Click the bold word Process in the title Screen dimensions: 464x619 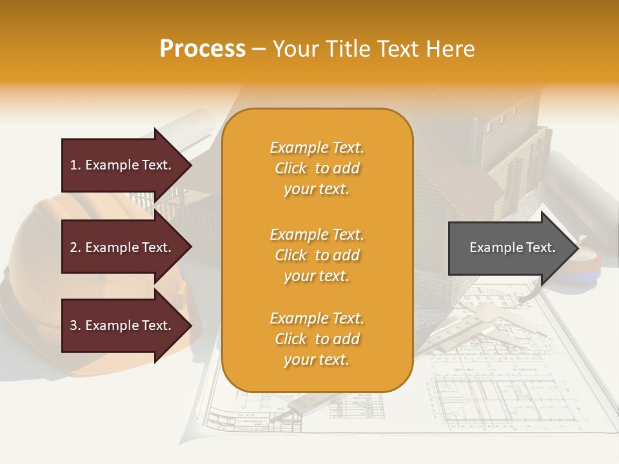click(x=202, y=49)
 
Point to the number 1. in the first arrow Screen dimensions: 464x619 click(x=75, y=165)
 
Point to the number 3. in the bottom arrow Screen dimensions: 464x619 click(x=75, y=325)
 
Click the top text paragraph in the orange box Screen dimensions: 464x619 click(x=317, y=168)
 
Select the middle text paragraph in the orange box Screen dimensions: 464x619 click(x=317, y=255)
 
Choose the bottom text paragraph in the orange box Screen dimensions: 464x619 click(x=317, y=339)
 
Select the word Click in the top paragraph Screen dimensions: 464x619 click(x=291, y=168)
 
